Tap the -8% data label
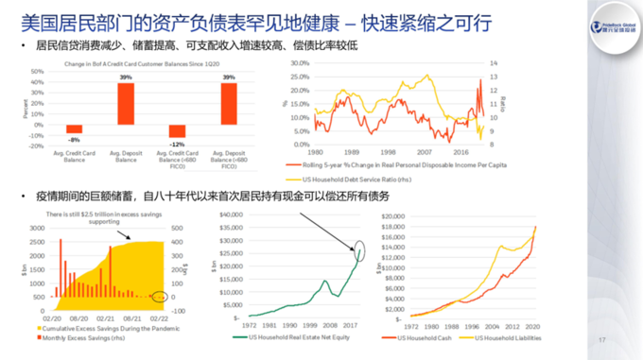click(x=74, y=138)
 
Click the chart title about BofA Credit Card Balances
click(x=149, y=62)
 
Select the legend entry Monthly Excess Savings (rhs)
click(x=95, y=337)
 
